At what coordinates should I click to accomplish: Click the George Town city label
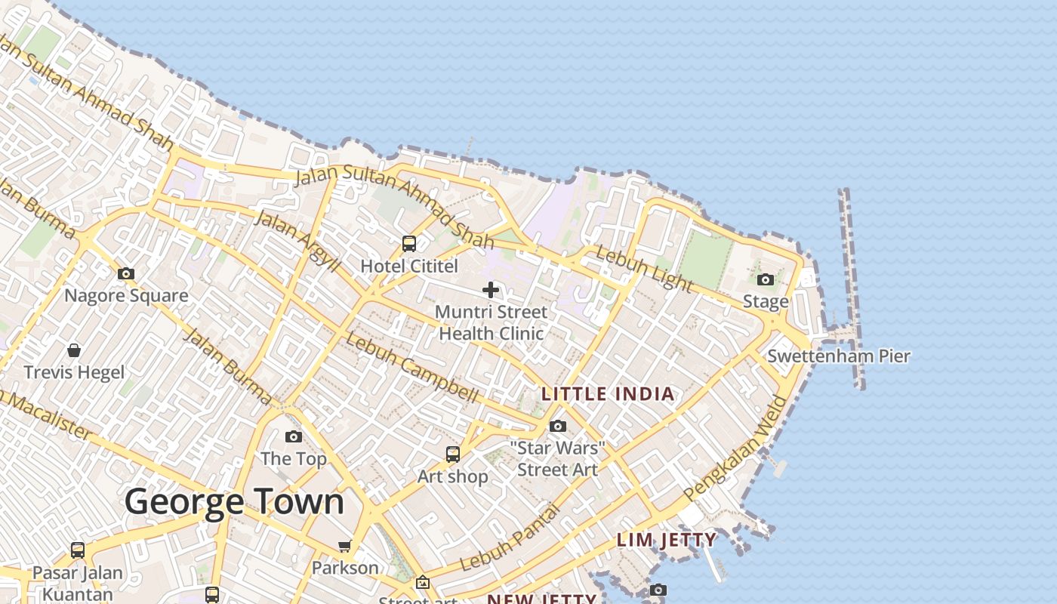click(x=234, y=502)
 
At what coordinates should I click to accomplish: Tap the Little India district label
click(x=608, y=393)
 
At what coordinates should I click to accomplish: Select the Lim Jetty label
click(x=667, y=540)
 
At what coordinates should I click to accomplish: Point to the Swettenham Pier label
click(x=839, y=356)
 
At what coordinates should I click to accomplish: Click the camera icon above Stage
click(x=766, y=280)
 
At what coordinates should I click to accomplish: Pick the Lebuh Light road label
click(x=643, y=269)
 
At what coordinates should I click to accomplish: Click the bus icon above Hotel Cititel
click(x=409, y=244)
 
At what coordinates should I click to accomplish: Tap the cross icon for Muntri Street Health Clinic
click(x=491, y=289)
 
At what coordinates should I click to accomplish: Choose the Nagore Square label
click(x=126, y=295)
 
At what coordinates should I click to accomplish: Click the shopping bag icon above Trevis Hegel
click(x=74, y=350)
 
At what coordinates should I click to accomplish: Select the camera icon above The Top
click(x=294, y=436)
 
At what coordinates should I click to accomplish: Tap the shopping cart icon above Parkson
click(x=345, y=546)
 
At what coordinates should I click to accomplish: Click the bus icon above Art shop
click(x=453, y=454)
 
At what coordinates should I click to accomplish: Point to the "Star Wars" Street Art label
click(x=557, y=458)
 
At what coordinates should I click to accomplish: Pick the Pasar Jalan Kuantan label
click(x=78, y=583)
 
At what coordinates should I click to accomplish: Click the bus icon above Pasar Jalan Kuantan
click(x=78, y=550)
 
